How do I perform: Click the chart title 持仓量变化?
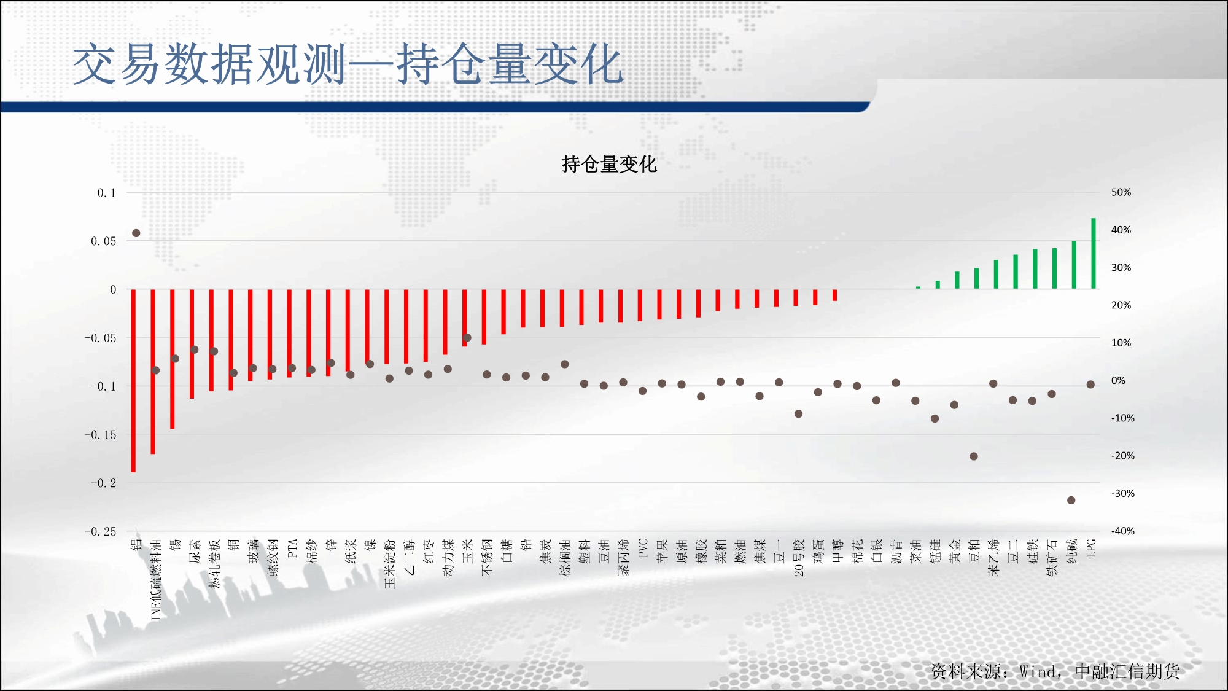pos(609,164)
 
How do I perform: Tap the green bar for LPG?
pos(1094,253)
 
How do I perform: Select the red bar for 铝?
pos(133,380)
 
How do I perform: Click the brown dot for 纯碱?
pos(1071,500)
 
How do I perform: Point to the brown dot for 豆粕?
pos(974,456)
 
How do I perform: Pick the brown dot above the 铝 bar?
pos(136,233)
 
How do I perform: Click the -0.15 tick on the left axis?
pos(100,435)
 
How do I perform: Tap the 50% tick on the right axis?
pos(1121,192)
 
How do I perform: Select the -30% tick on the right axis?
pos(1123,493)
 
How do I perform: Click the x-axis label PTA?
pos(292,549)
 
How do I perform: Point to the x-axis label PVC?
pos(643,549)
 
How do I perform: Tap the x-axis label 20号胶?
pos(799,558)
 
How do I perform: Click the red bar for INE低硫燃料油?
pos(153,372)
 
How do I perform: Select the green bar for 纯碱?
pos(1074,265)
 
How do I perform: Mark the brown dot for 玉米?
pos(467,338)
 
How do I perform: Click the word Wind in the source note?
pos(1038,671)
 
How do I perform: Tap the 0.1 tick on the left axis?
pos(106,193)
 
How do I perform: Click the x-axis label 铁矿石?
pos(1052,558)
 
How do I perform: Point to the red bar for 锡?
pos(173,359)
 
